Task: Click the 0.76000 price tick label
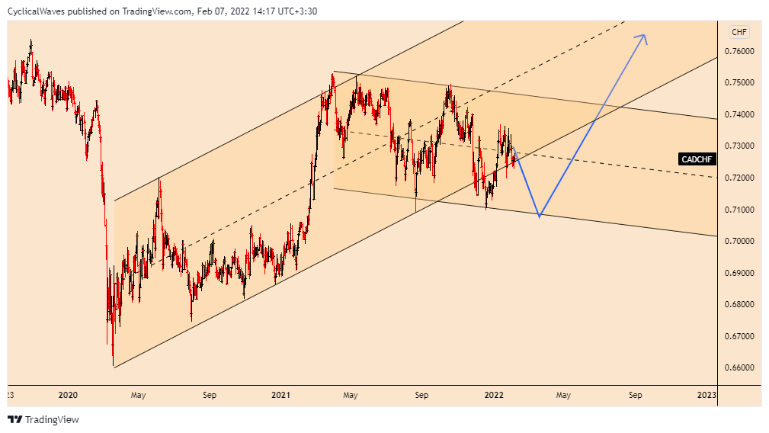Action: coord(739,51)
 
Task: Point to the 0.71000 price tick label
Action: coord(739,210)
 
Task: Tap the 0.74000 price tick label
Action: coord(739,114)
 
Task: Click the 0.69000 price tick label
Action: coord(739,273)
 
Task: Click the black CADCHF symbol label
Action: coord(697,159)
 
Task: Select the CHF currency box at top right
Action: coord(739,32)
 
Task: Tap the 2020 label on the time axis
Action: coord(68,395)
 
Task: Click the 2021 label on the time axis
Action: coord(280,395)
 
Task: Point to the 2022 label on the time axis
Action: coord(493,395)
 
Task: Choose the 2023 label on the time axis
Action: coord(706,395)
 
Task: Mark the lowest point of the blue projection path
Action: coord(540,216)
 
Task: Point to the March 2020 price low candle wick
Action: coord(113,363)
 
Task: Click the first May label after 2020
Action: coord(138,395)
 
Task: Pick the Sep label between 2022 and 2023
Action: coord(635,395)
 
